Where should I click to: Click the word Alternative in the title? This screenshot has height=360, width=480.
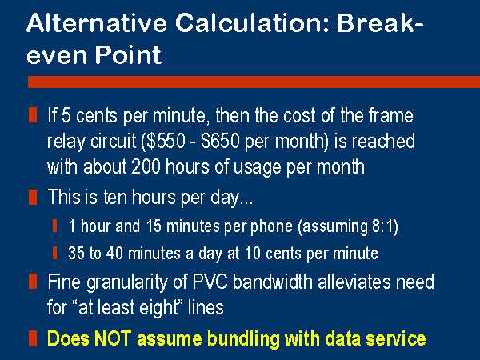pyautogui.click(x=97, y=23)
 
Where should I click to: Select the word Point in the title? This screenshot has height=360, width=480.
pyautogui.click(x=128, y=54)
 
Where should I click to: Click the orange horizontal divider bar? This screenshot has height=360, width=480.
pyautogui.click(x=254, y=82)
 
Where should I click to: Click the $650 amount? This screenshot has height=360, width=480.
pyautogui.click(x=220, y=142)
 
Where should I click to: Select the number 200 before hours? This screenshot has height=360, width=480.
pyautogui.click(x=146, y=167)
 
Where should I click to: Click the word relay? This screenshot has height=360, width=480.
pyautogui.click(x=66, y=142)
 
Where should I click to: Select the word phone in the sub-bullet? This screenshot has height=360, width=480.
pyautogui.click(x=271, y=227)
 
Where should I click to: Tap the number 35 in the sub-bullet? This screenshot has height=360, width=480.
pyautogui.click(x=76, y=254)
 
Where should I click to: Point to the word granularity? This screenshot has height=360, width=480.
pyautogui.click(x=127, y=282)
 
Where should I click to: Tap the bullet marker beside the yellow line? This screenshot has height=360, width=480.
pyautogui.click(x=33, y=338)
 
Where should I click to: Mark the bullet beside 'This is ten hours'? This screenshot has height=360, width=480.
pyautogui.click(x=33, y=197)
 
